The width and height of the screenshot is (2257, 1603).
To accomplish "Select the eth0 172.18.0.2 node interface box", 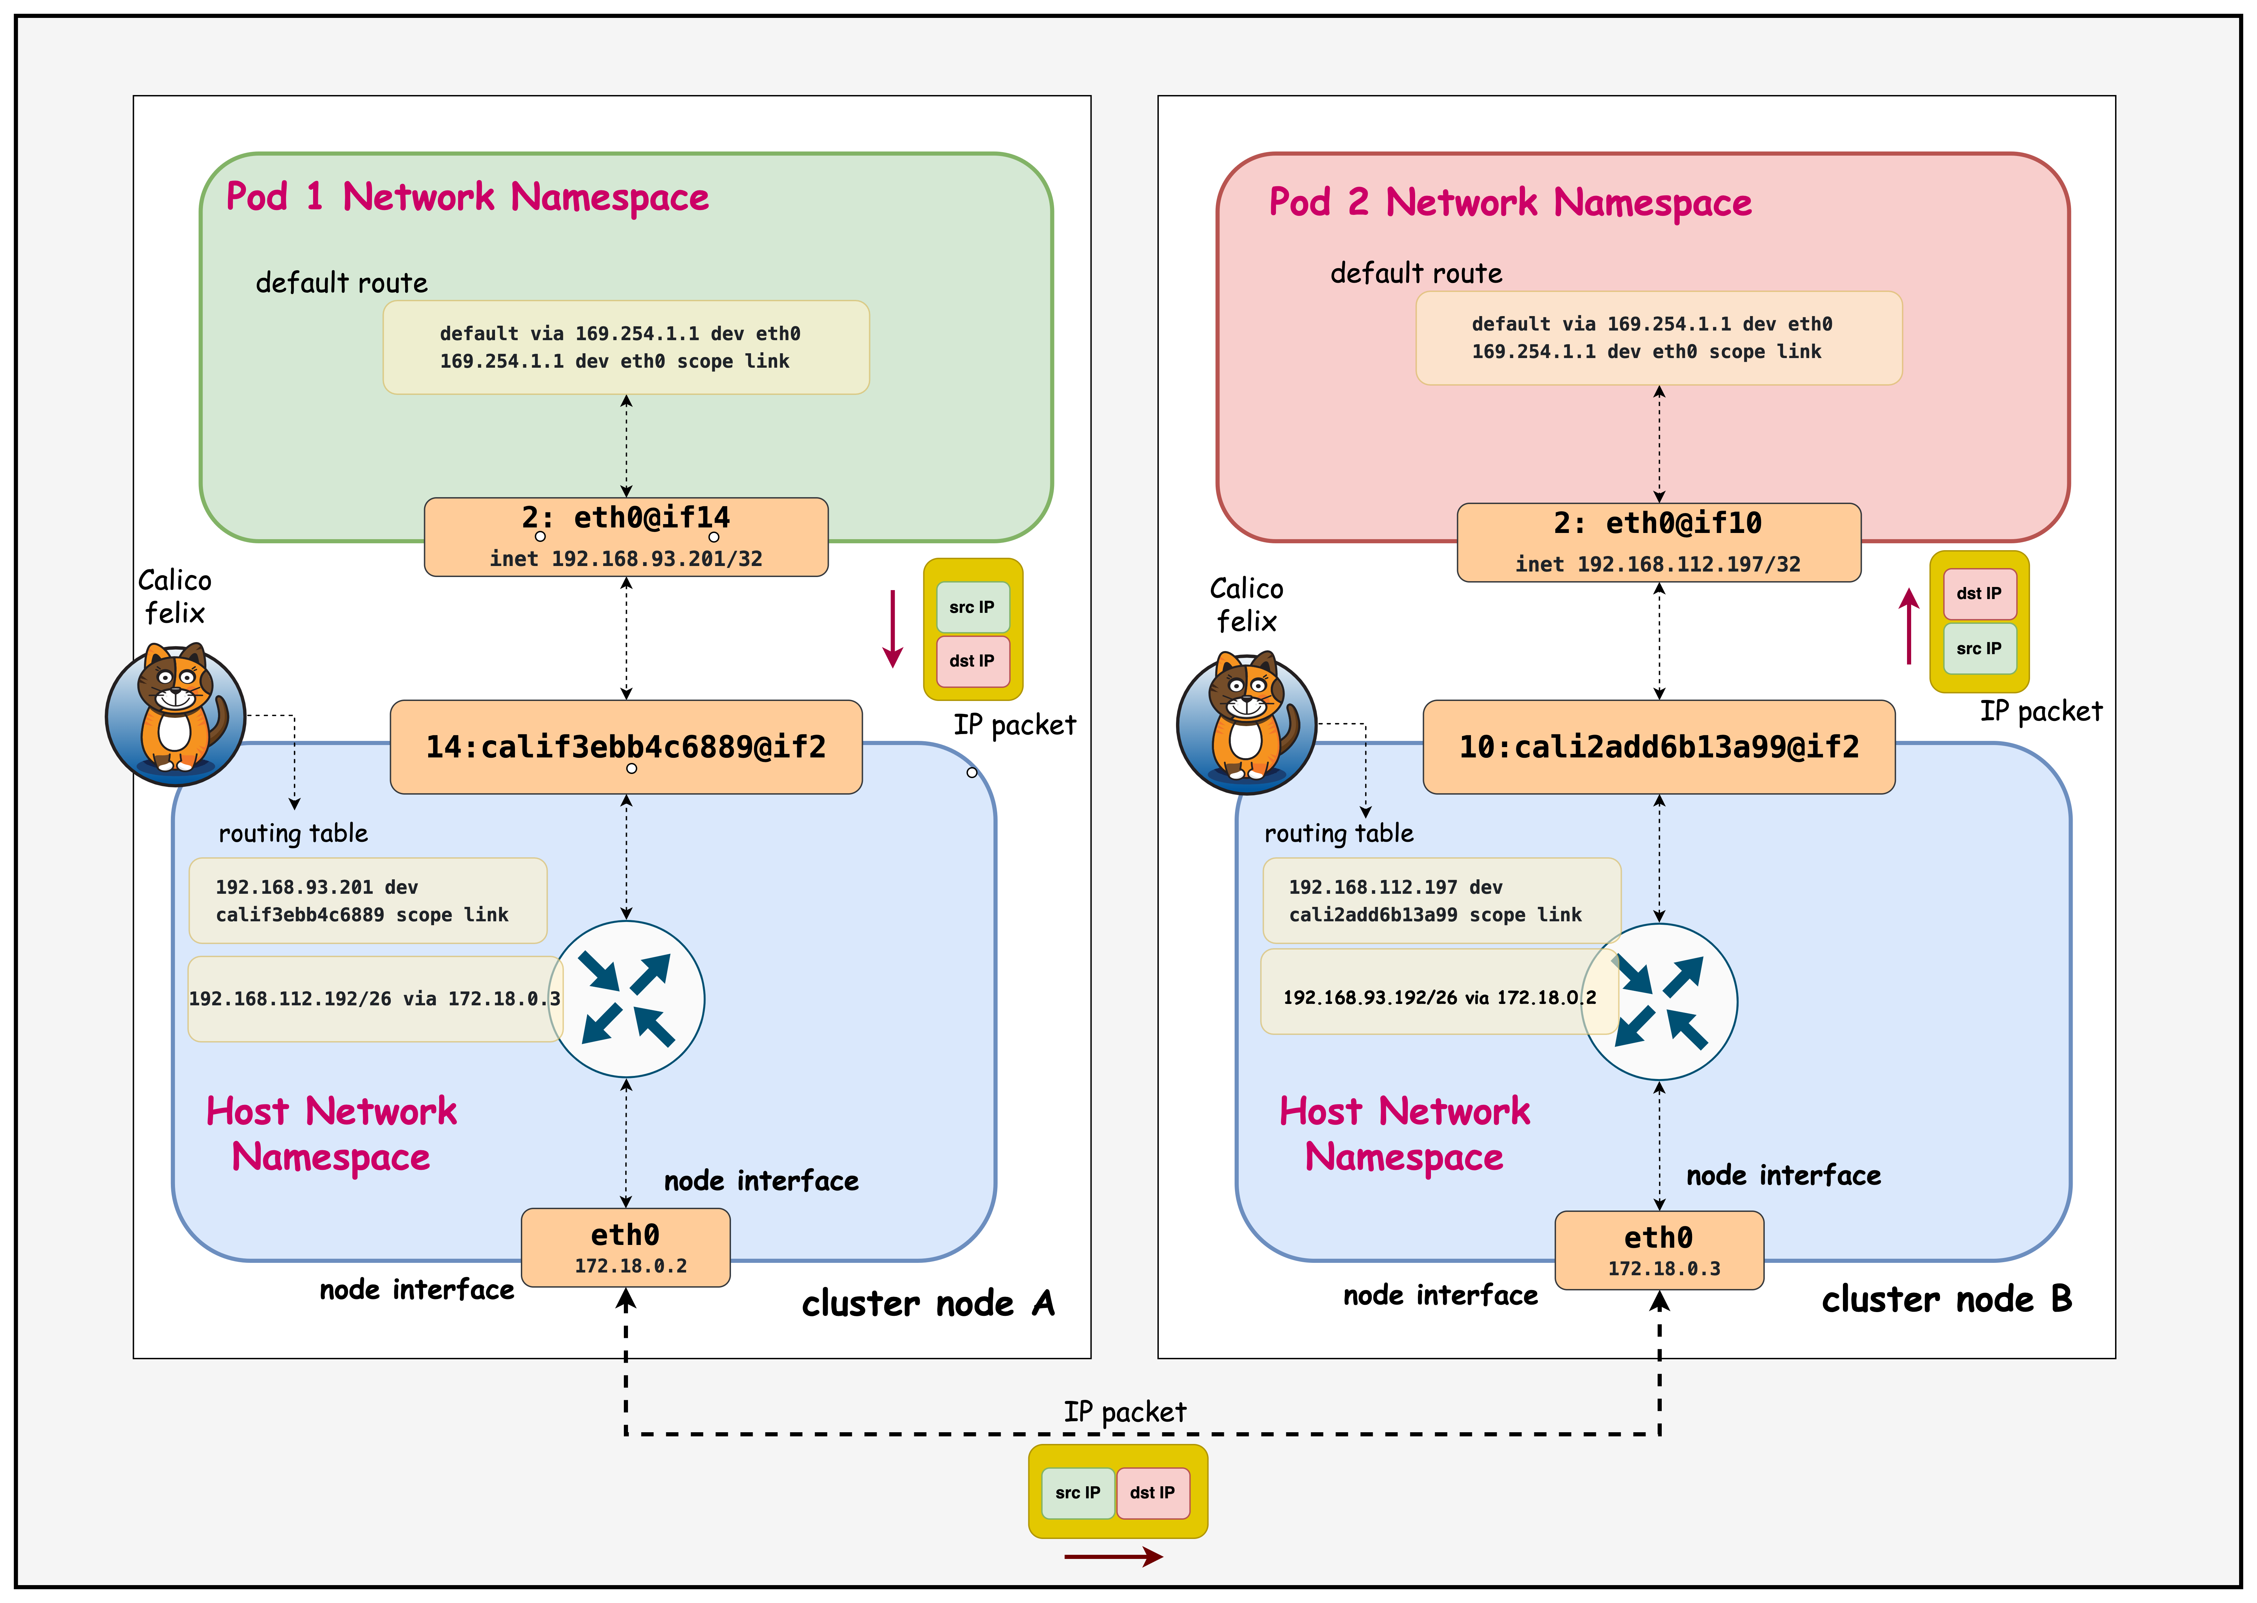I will click(x=626, y=1248).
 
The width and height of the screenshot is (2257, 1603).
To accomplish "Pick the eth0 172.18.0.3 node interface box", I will click(x=1659, y=1250).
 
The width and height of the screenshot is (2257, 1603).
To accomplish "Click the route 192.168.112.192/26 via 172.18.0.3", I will click(x=373, y=999).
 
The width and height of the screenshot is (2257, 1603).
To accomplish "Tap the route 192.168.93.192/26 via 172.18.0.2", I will click(x=1437, y=997).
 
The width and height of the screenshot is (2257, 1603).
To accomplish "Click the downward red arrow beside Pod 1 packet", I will click(x=893, y=629).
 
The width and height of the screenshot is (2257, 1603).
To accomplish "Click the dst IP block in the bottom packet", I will click(x=1152, y=1492).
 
